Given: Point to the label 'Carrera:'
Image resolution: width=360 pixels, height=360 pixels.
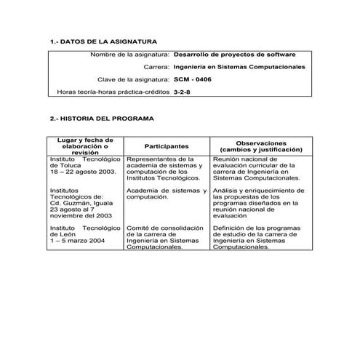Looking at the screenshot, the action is tap(156, 67).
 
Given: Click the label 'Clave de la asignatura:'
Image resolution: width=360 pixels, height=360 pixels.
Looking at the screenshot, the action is tap(133, 79).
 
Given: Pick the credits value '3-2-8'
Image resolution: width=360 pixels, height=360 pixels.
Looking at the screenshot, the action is tap(183, 92).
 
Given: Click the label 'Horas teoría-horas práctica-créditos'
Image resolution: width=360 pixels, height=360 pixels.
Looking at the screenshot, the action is tap(113, 92).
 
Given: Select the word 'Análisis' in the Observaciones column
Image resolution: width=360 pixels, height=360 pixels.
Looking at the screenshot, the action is tap(225, 190).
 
